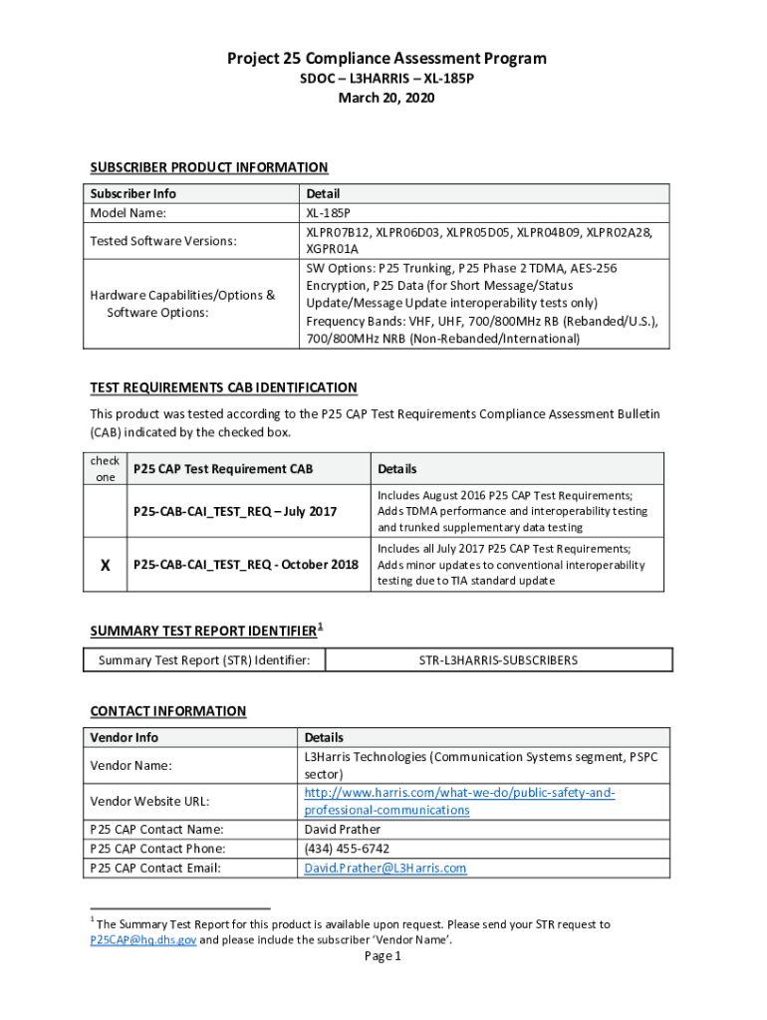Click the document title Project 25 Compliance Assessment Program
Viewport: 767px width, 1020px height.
click(385, 59)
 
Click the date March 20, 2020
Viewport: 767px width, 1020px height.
click(385, 98)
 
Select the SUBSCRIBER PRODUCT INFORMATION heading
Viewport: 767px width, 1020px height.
click(209, 167)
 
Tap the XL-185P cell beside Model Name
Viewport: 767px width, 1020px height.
click(328, 213)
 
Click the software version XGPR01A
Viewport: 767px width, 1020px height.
click(332, 249)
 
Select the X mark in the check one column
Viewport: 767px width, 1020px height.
click(105, 565)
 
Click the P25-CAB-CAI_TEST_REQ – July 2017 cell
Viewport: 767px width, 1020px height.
click(235, 511)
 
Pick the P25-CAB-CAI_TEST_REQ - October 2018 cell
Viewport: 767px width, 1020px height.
click(245, 565)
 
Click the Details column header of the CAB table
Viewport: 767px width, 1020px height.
click(396, 469)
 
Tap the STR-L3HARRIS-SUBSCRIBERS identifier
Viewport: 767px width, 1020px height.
click(498, 659)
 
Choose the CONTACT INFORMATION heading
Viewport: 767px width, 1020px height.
click(168, 711)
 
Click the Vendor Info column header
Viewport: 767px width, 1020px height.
click(124, 738)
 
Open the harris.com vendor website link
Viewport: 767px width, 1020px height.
click(459, 801)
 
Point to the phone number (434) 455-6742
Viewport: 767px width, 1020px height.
click(347, 849)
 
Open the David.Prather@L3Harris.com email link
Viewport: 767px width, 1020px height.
click(384, 869)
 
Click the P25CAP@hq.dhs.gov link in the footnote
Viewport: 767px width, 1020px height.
click(142, 939)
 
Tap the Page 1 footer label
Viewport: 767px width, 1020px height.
click(383, 957)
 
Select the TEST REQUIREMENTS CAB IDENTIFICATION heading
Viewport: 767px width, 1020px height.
click(223, 387)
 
